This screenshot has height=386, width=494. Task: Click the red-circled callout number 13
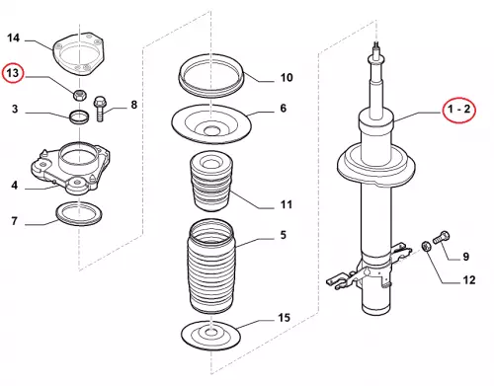13,73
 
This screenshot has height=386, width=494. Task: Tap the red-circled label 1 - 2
459,109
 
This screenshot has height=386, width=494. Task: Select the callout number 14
13,38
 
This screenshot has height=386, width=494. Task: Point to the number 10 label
287,78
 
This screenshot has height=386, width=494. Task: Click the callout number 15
284,318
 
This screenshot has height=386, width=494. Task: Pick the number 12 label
469,280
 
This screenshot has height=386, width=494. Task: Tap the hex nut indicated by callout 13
79,95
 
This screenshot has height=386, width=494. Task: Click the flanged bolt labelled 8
100,109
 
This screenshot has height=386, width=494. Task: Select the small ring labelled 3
79,117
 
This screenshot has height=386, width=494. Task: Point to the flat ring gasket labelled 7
79,214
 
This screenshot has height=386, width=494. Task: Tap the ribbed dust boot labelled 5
210,267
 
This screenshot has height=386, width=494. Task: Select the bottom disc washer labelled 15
210,335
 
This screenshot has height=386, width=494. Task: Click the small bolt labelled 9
442,237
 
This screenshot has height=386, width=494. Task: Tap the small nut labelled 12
426,247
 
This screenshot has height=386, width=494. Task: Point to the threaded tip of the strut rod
376,46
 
